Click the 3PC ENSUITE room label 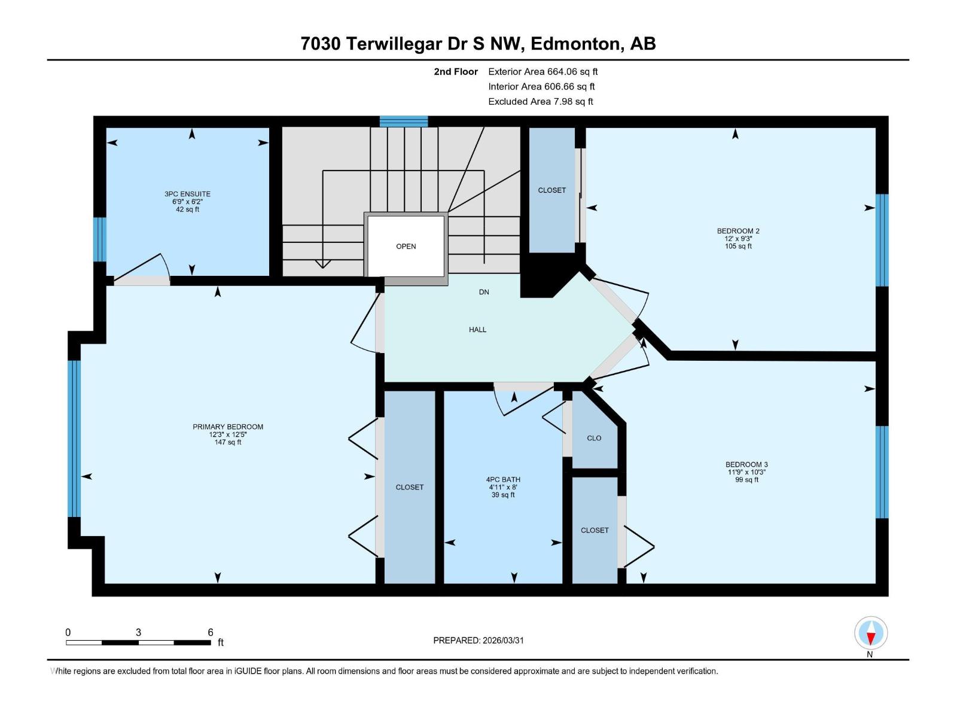click(187, 194)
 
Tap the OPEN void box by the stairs click(406, 246)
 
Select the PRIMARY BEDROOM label click(227, 427)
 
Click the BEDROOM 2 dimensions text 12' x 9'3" click(738, 239)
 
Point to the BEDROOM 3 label click(746, 464)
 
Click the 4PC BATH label click(502, 479)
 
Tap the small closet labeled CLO click(594, 438)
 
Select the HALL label click(477, 330)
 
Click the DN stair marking click(484, 292)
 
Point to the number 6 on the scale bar click(211, 632)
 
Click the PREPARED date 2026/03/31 click(502, 640)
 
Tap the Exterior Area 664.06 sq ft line click(542, 72)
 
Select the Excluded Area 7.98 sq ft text click(540, 102)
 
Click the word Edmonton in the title click(574, 44)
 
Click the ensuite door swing click(144, 269)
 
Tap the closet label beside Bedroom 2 click(551, 190)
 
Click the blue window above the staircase click(404, 121)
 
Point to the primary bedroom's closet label click(409, 487)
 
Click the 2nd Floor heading click(456, 72)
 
